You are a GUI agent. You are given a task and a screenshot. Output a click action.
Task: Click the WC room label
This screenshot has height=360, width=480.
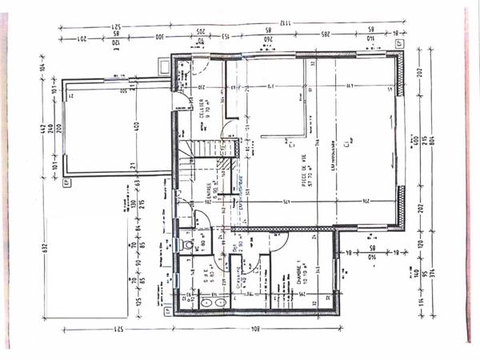[196, 239]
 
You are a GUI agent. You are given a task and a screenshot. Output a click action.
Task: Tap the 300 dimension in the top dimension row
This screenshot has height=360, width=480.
[159, 38]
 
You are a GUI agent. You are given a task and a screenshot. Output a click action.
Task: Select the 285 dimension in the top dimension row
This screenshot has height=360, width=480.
[327, 38]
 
